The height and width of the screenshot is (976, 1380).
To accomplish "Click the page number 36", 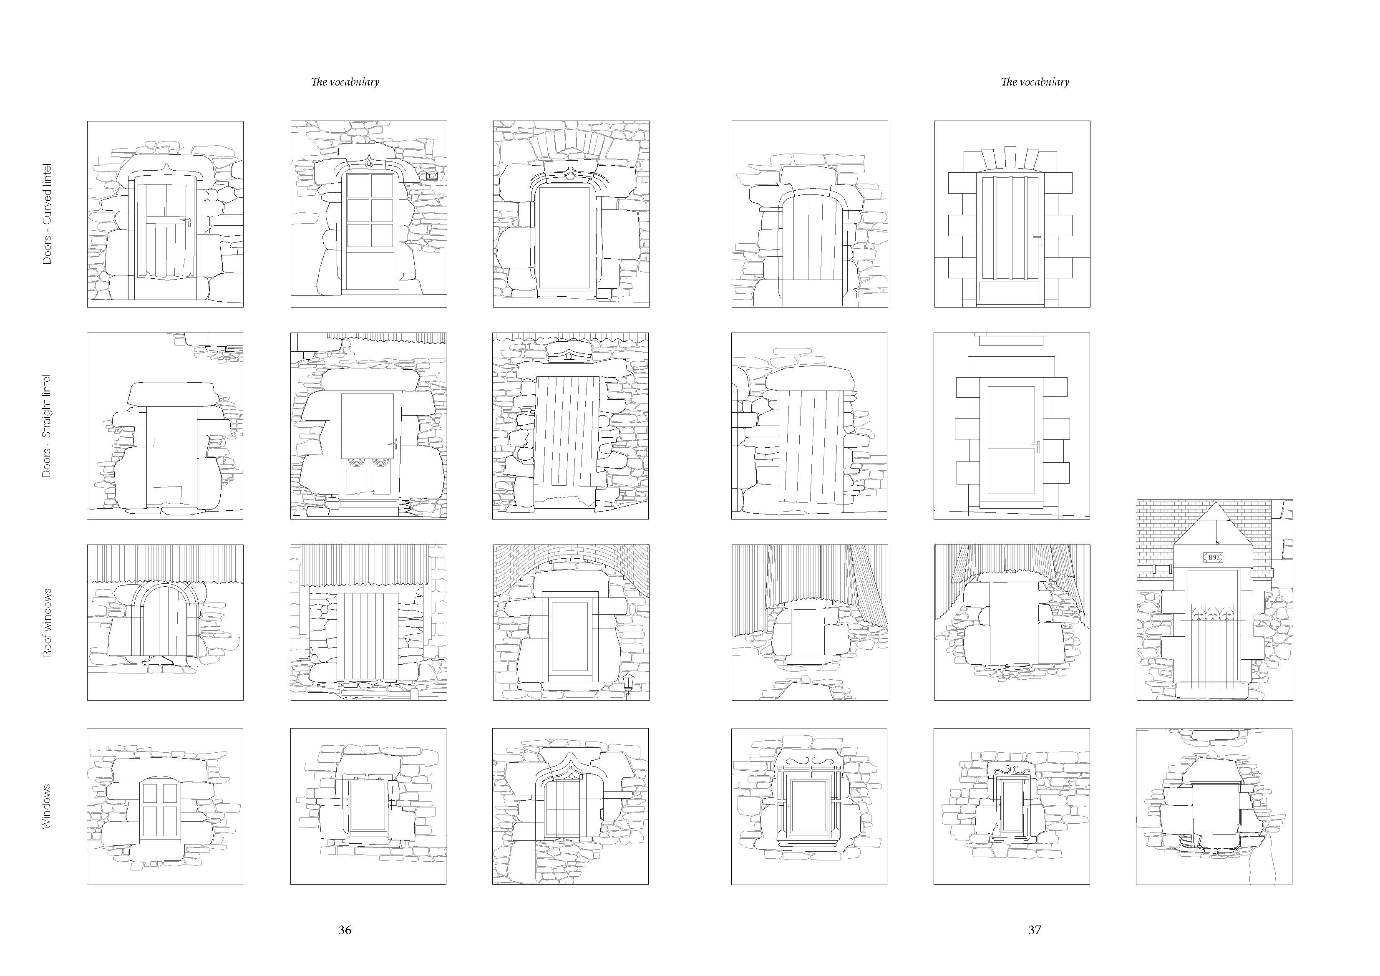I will tap(345, 930).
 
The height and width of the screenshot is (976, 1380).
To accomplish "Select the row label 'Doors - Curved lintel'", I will tap(47, 214).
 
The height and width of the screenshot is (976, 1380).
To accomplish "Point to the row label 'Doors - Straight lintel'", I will tap(47, 426).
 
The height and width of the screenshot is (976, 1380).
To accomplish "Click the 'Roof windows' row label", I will tap(47, 623).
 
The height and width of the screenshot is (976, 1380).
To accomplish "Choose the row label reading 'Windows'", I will tap(47, 807).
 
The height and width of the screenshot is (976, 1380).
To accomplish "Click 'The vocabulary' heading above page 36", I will tap(345, 82).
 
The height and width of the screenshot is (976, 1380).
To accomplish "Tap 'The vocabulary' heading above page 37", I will tap(1035, 82).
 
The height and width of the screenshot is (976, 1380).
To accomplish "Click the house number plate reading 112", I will tap(431, 176).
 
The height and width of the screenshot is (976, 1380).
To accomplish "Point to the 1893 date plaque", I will tap(1212, 557).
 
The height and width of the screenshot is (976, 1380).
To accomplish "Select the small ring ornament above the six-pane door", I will tap(368, 164).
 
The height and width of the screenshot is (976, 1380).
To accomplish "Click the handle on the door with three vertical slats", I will tap(1038, 238).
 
